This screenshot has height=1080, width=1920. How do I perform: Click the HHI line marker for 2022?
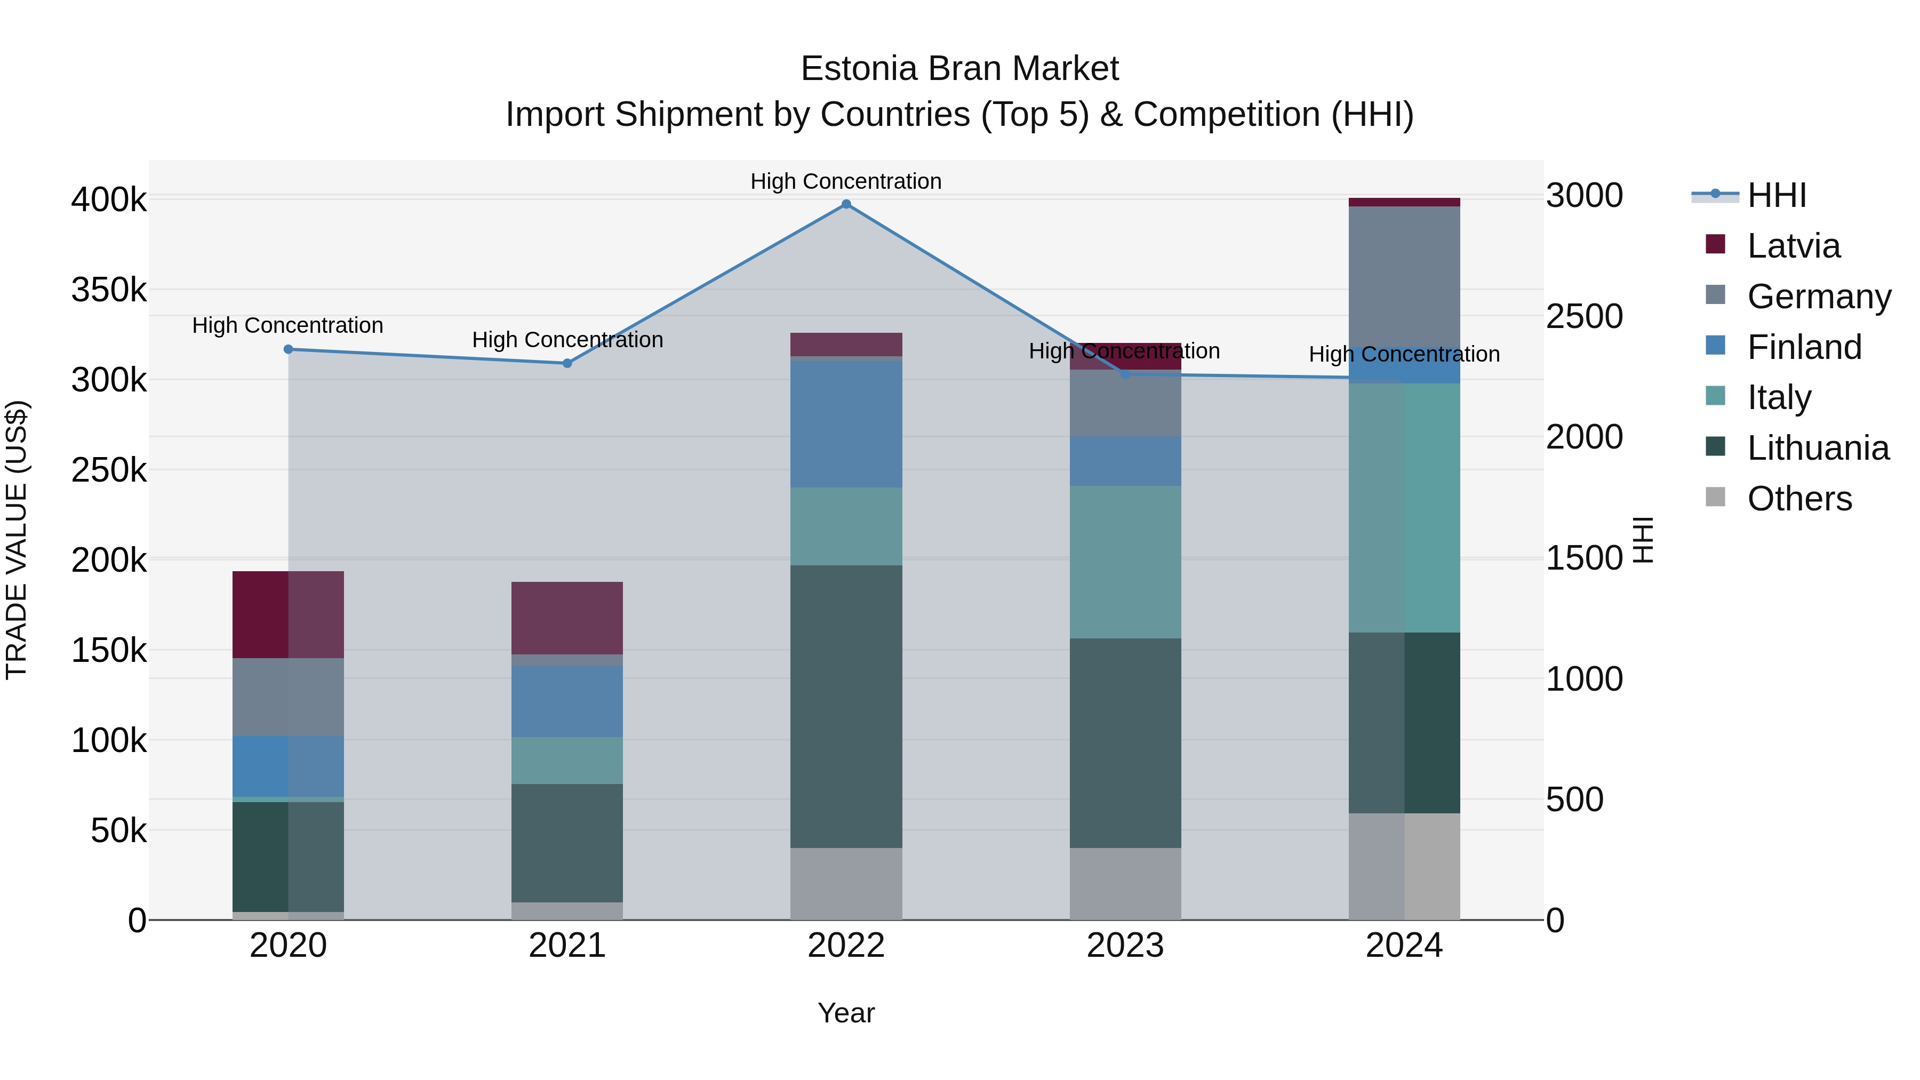tap(846, 204)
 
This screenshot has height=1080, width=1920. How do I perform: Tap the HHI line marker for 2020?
tap(289, 349)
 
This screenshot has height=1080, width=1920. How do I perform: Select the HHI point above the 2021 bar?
tap(567, 364)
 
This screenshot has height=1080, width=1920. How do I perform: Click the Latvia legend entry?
tap(1793, 246)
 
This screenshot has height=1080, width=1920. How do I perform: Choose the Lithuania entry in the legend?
tap(1817, 448)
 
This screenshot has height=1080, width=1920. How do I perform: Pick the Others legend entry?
tap(1798, 499)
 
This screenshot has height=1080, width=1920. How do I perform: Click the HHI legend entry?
tap(1776, 195)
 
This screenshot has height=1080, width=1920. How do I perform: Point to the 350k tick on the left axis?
tap(109, 290)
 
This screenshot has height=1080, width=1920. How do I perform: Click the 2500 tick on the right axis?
tap(1584, 317)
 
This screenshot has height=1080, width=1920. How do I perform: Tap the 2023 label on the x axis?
tap(1125, 946)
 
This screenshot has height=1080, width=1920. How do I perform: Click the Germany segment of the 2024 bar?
tap(1404, 276)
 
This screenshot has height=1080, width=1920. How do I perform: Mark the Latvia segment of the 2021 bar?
tap(567, 618)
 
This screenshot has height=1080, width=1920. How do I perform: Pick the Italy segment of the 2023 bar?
tap(1125, 562)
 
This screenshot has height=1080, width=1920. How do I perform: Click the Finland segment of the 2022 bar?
tap(846, 424)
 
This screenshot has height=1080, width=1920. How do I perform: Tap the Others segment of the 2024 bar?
tap(1404, 866)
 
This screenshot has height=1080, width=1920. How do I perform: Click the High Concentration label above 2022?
tap(846, 182)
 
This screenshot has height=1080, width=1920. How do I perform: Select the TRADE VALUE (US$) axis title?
tap(17, 540)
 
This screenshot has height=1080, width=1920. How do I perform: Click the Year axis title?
tap(846, 1013)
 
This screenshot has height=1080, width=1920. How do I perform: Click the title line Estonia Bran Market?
tap(959, 69)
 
